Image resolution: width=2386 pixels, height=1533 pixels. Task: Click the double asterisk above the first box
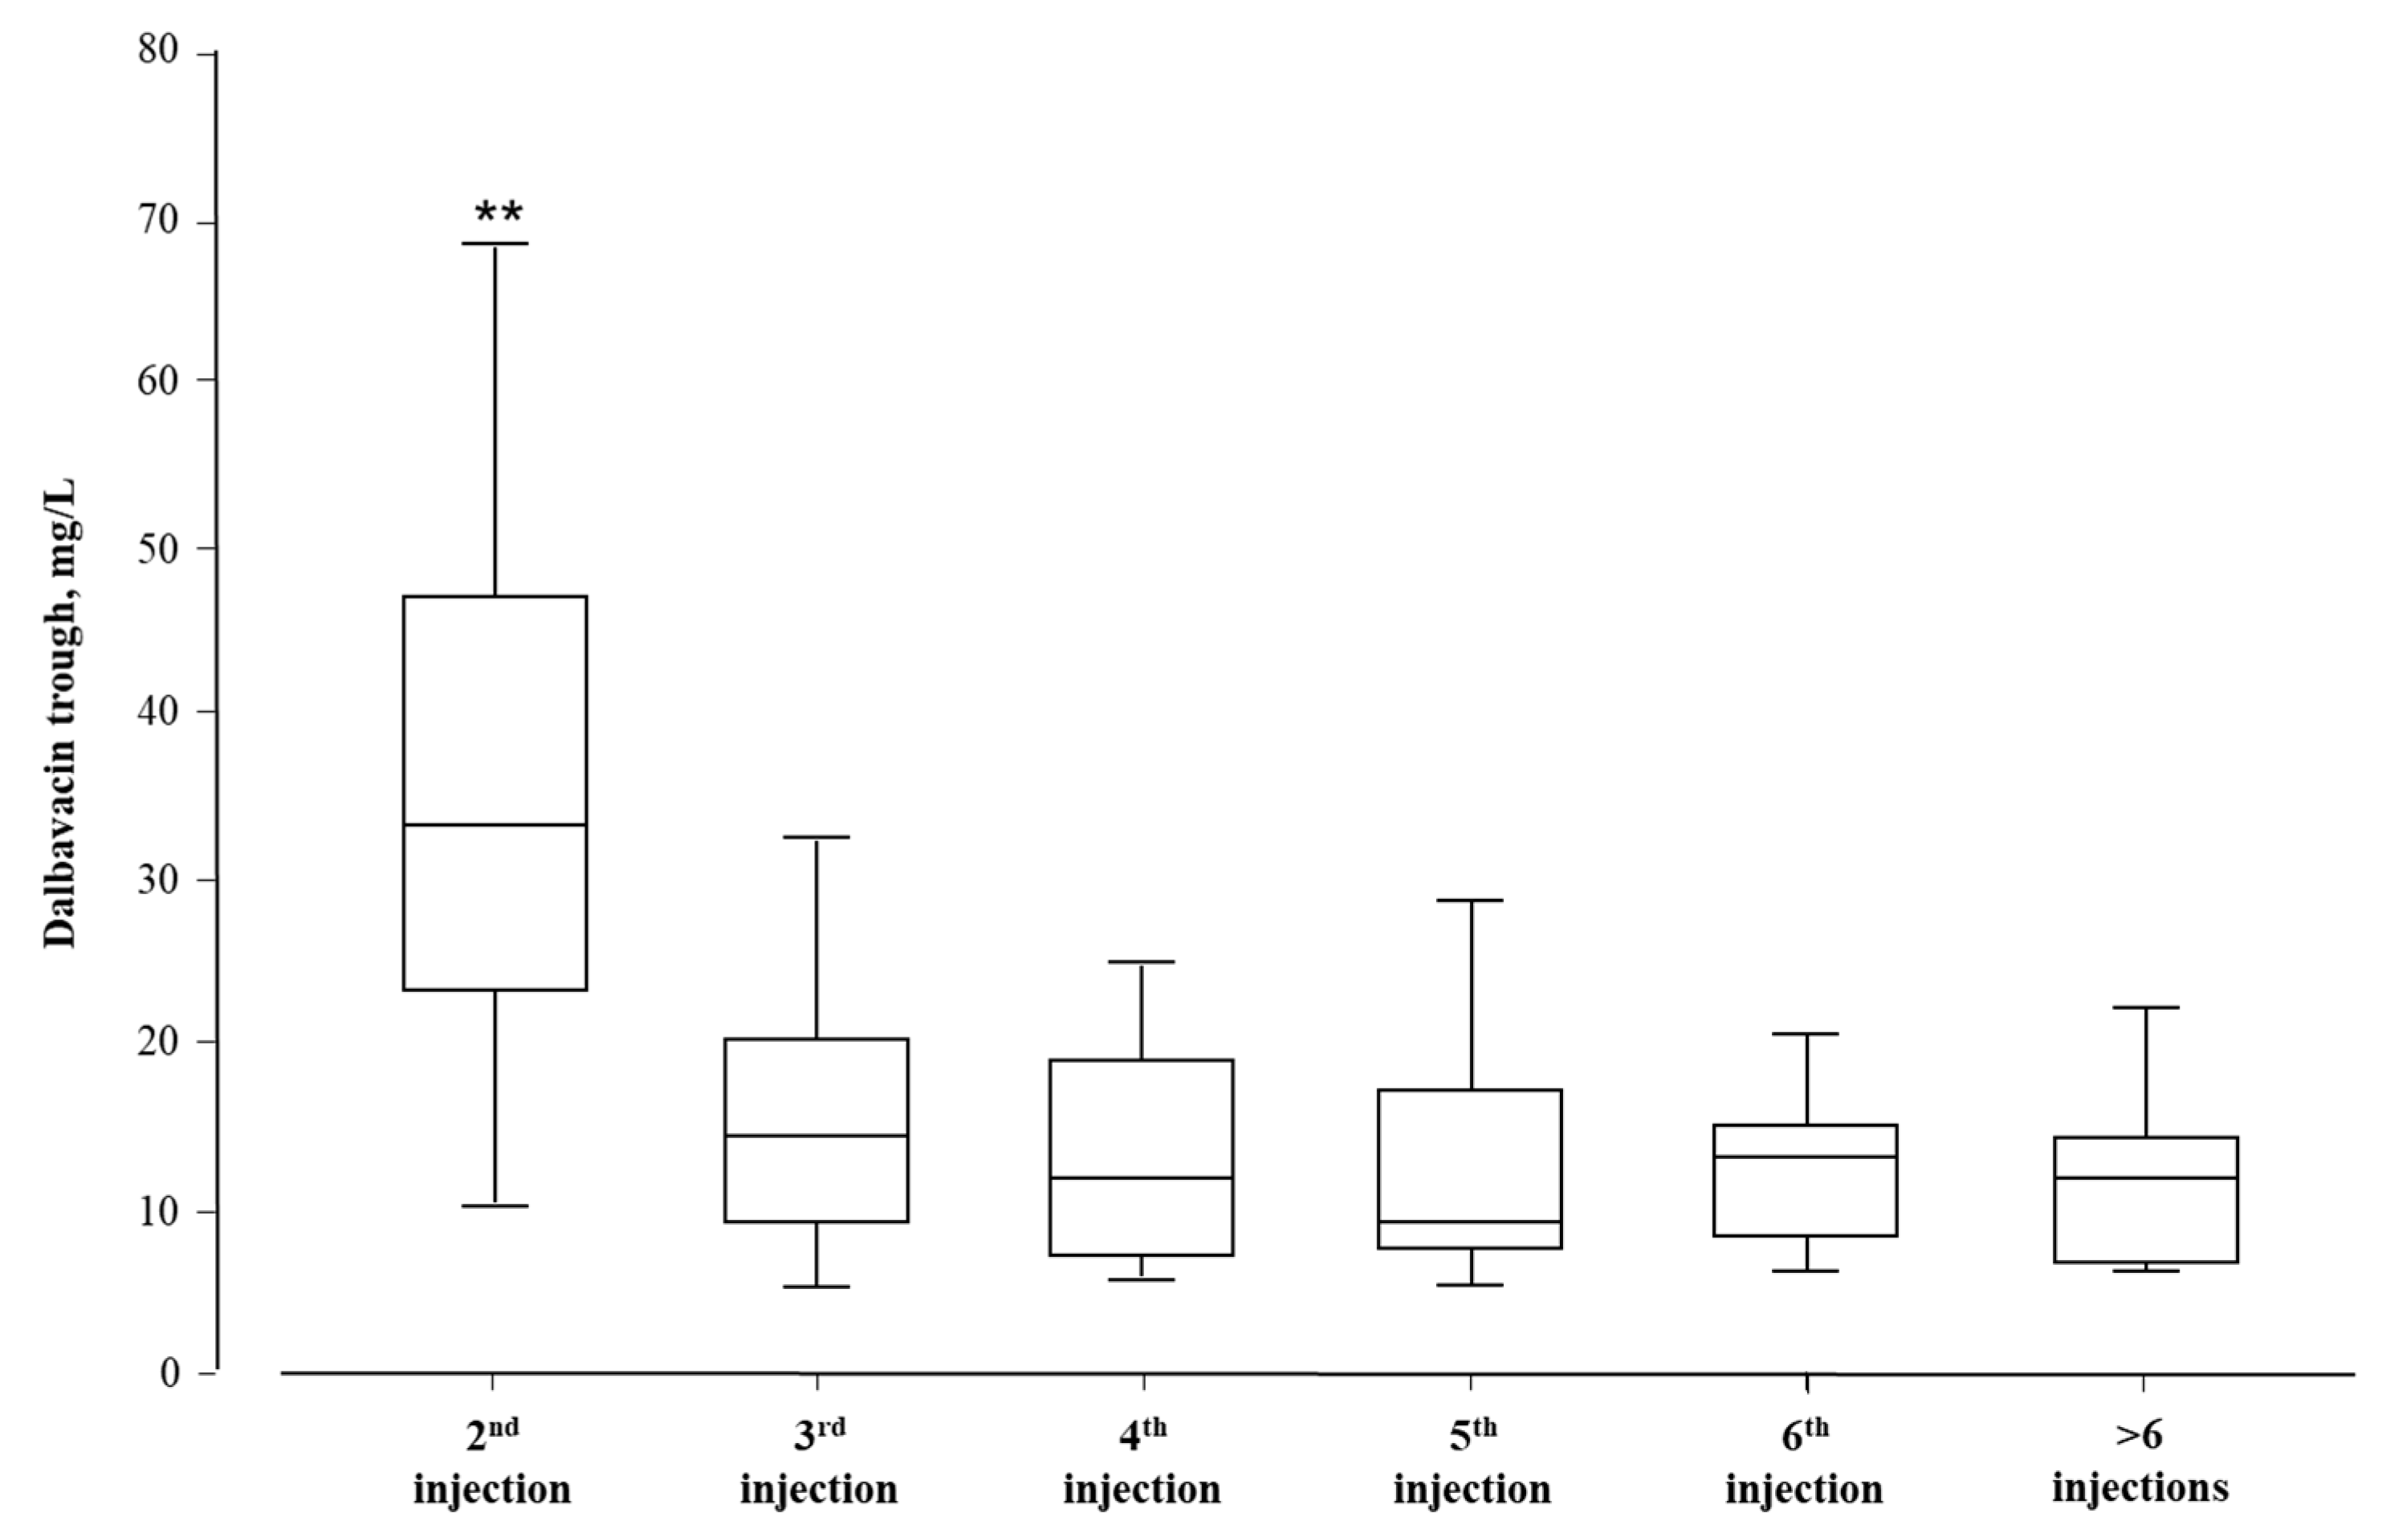point(498,212)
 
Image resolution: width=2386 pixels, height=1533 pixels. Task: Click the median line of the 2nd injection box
point(495,824)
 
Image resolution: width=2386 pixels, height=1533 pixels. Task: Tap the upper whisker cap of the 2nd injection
point(495,243)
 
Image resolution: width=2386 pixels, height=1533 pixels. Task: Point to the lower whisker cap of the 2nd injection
point(495,1206)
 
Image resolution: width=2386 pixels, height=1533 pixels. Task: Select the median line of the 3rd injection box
point(816,1135)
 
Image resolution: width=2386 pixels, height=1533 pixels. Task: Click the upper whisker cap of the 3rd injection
point(816,837)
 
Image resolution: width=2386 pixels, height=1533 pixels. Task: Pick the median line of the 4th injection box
point(1142,1177)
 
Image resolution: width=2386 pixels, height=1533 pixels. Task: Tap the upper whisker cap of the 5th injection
point(1470,900)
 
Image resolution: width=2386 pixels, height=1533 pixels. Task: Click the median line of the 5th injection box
point(1470,1222)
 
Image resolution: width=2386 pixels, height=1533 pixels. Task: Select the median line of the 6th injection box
point(1805,1157)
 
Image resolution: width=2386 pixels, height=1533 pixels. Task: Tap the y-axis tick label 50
point(159,547)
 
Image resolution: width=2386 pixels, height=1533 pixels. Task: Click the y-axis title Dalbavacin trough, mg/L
point(62,715)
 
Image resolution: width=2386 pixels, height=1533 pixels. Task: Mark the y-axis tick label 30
point(159,879)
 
